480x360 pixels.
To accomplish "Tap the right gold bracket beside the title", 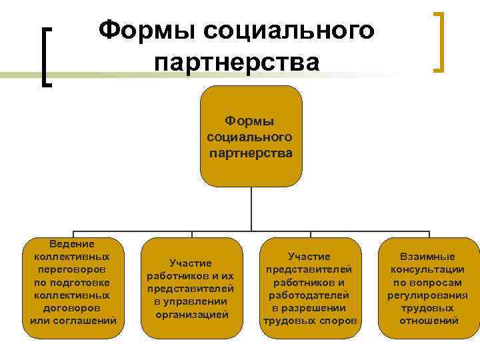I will pyautogui.click(x=438, y=41).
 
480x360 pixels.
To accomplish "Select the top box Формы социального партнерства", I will pyautogui.click(x=251, y=137).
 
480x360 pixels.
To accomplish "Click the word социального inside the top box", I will pyautogui.click(x=250, y=137).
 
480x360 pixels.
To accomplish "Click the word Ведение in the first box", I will pyautogui.click(x=73, y=245).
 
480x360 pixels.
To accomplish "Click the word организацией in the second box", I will pyautogui.click(x=191, y=314).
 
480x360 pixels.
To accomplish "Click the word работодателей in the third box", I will pyautogui.click(x=310, y=295).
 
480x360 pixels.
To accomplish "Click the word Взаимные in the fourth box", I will pyautogui.click(x=427, y=257).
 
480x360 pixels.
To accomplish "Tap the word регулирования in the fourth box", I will pyautogui.click(x=427, y=295).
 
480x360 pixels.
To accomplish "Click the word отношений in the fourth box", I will pyautogui.click(x=428, y=321).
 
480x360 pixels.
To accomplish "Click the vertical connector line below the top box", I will pyautogui.click(x=251, y=210).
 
